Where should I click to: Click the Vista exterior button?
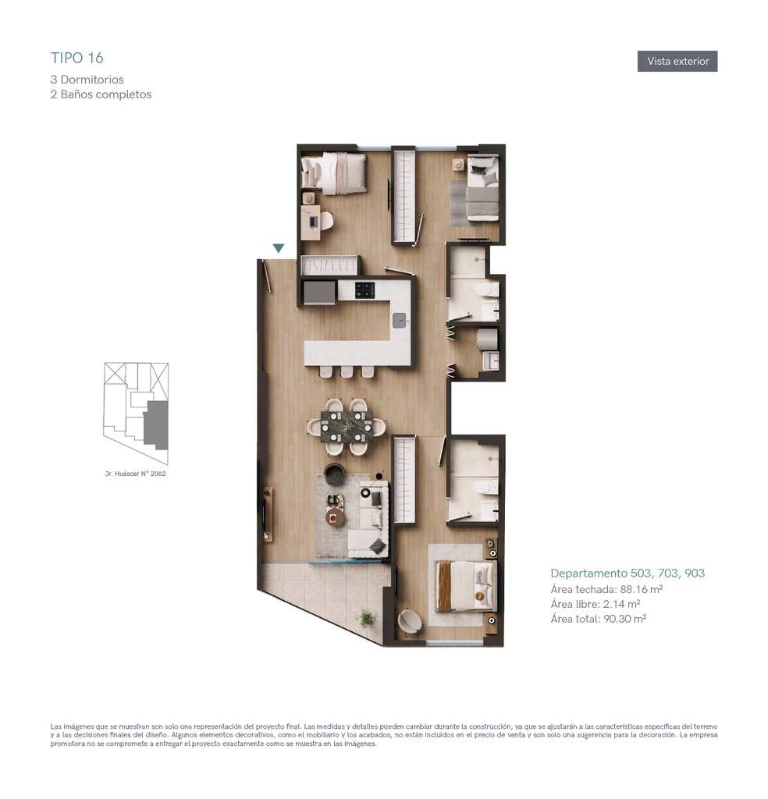point(677,61)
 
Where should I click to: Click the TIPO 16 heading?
point(77,58)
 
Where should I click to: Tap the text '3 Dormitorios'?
point(87,80)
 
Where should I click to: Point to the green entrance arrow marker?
point(279,248)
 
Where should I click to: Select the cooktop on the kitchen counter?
point(365,290)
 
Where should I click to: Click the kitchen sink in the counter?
point(400,321)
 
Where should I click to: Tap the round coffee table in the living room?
point(335,517)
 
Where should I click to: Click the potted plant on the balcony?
point(367,618)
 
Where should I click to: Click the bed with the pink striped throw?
point(334,173)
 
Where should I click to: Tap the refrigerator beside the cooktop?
point(319,293)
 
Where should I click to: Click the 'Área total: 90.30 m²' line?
point(599,619)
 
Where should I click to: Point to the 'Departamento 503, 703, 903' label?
point(628,574)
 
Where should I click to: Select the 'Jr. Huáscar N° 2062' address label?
point(135,474)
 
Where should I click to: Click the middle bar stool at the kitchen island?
point(347,371)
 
